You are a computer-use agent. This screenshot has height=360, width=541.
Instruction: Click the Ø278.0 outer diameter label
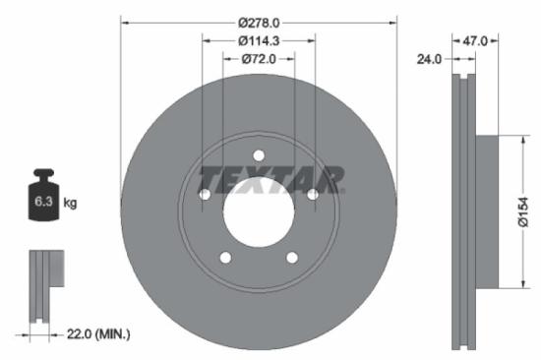pyautogui.click(x=259, y=21)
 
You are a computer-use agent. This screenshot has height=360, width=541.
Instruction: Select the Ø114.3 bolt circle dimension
pyautogui.click(x=259, y=40)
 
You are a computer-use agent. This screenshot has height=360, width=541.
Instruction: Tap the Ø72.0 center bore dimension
pyautogui.click(x=259, y=60)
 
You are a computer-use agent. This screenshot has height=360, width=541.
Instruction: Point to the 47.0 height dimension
pyautogui.click(x=476, y=40)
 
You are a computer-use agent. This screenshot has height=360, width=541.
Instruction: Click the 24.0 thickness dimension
pyautogui.click(x=428, y=59)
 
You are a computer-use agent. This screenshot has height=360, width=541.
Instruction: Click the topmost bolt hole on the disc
pyautogui.click(x=259, y=155)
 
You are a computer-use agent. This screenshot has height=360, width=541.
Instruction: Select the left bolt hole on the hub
pyautogui.click(x=205, y=195)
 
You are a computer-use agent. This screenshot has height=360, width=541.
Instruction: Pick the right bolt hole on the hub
pyautogui.click(x=313, y=195)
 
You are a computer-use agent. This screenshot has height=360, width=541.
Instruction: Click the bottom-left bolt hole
pyautogui.click(x=225, y=258)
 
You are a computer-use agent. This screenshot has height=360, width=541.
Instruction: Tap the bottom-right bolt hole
pyautogui.click(x=292, y=258)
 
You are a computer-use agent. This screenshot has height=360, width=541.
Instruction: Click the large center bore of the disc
pyautogui.click(x=259, y=211)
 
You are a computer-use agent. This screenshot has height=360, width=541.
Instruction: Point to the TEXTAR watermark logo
pyautogui.click(x=271, y=179)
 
